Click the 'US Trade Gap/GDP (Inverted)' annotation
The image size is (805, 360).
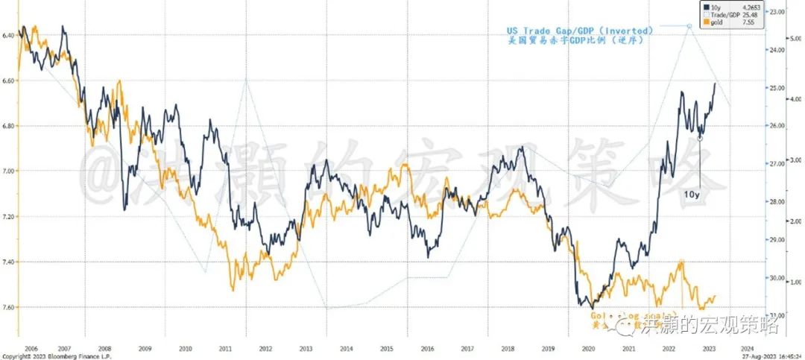580,31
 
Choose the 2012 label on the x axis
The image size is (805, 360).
265,347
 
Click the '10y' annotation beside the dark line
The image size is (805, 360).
692,194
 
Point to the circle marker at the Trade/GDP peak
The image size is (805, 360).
689,26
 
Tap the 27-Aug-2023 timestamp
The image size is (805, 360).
768,356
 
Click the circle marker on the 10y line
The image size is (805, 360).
699,138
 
